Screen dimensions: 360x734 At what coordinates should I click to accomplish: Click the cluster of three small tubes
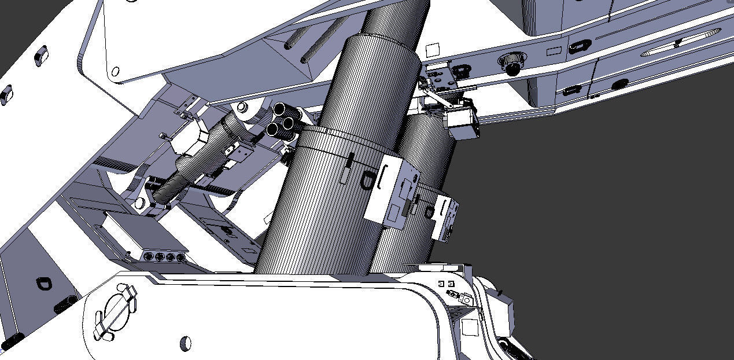(x=283, y=120)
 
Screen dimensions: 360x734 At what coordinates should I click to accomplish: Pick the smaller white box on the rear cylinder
(x=446, y=218)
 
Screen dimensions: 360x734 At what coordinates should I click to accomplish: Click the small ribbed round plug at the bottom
(x=186, y=343)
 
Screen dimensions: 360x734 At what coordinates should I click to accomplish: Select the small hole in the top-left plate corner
(x=115, y=72)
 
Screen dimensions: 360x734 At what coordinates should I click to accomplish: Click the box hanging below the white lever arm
(x=464, y=124)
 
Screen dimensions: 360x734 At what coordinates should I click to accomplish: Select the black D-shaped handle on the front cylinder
(x=367, y=181)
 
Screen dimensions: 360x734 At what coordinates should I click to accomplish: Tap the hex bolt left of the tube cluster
(x=241, y=108)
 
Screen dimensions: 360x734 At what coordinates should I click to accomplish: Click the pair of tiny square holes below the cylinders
(x=446, y=284)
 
